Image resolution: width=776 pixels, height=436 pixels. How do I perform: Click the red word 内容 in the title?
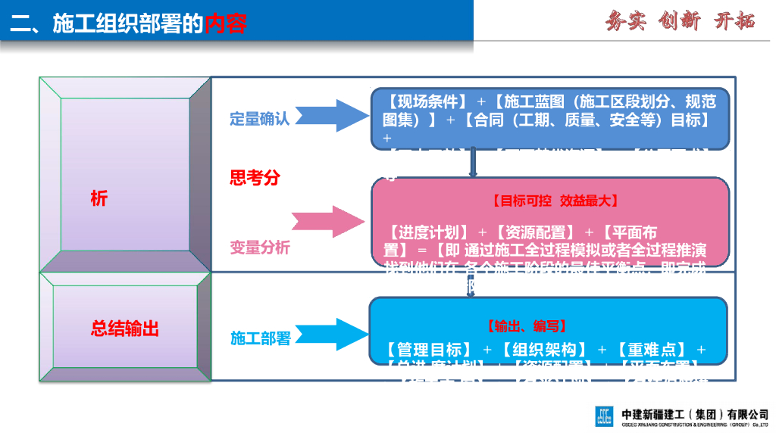coord(226,24)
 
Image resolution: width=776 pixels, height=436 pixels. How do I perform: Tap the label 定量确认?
coord(260,119)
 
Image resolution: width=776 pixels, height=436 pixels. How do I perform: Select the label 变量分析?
coord(260,248)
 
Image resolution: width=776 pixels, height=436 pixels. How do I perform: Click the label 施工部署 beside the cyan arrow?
coord(261,338)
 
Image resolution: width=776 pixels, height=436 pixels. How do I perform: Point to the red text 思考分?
coord(255,178)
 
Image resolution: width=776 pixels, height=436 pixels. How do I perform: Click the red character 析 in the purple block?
coord(99,199)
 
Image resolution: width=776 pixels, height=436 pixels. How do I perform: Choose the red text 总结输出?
coord(125,329)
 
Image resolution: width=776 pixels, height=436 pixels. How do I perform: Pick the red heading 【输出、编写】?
coord(527,326)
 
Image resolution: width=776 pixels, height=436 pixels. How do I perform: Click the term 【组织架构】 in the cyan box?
coord(544,350)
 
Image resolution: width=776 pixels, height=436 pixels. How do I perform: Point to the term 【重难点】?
coord(652,350)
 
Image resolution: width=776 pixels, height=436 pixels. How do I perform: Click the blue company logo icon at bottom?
coord(604,417)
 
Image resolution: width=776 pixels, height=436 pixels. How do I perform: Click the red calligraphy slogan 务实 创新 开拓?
coord(680,21)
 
